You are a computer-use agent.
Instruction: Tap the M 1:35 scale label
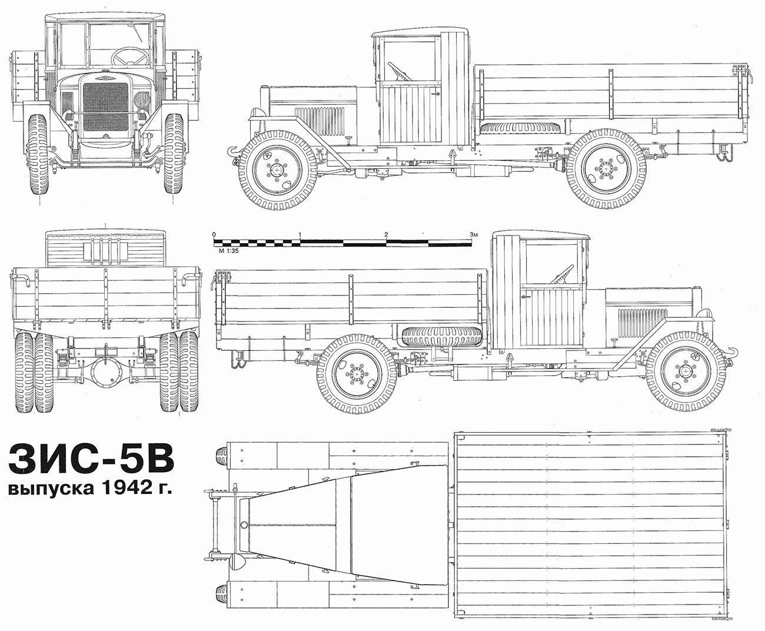tap(228, 251)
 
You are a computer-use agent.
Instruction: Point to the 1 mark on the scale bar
tap(300, 234)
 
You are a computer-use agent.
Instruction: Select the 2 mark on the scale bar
tap(386, 234)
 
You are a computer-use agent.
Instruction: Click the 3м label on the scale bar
tap(474, 234)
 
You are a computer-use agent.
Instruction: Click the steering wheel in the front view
tap(130, 57)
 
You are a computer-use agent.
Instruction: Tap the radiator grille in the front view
tap(106, 107)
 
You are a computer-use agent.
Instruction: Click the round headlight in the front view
tap(141, 99)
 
